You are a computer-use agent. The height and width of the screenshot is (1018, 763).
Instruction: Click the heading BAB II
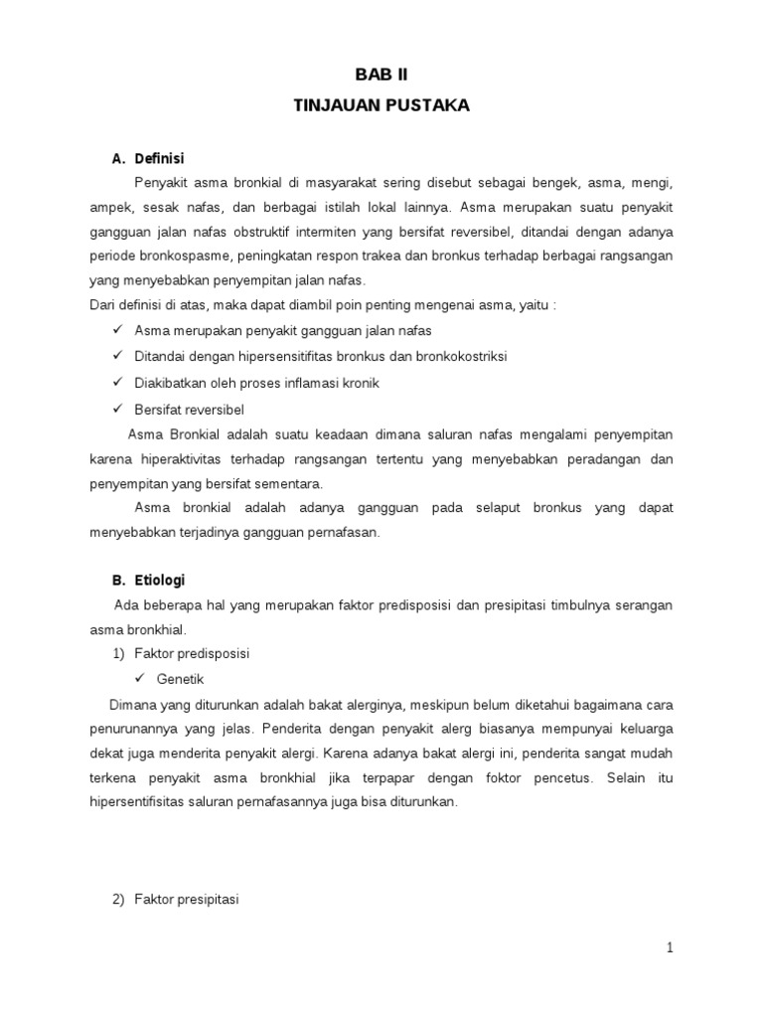tap(381, 75)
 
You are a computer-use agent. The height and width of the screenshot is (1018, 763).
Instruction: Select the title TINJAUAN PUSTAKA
tap(381, 106)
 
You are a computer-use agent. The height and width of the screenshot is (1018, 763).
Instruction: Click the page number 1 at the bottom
tap(671, 947)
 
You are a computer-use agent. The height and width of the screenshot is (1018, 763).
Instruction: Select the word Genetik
tap(180, 679)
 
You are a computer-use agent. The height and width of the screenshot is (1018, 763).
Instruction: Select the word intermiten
tap(323, 232)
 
